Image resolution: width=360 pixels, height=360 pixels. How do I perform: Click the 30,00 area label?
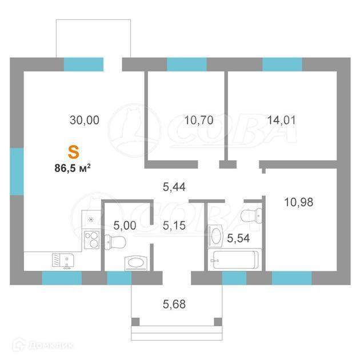[x=85, y=121]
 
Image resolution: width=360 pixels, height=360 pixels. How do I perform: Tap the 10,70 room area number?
[x=199, y=121]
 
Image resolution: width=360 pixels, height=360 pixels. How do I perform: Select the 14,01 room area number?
[x=282, y=121]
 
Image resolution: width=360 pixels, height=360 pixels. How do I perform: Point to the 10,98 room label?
[x=298, y=202]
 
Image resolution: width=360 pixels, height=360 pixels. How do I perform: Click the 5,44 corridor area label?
[x=174, y=187]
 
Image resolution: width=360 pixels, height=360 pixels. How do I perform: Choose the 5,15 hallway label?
[x=174, y=226]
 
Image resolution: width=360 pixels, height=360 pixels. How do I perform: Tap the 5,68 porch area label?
[x=174, y=304]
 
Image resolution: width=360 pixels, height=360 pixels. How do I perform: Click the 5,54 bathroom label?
[x=238, y=238]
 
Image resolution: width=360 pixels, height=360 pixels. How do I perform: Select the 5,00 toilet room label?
[x=125, y=226]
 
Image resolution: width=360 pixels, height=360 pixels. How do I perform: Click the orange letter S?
[x=74, y=153]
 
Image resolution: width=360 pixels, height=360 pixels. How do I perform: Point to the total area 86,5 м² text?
[x=73, y=169]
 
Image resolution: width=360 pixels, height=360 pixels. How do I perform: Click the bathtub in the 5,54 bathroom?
[x=235, y=259]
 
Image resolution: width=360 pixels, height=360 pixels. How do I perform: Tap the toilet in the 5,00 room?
[x=115, y=242]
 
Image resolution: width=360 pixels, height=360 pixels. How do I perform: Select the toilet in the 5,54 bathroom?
[x=251, y=215]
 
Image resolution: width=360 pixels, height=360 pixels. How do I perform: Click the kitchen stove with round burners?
[x=91, y=239]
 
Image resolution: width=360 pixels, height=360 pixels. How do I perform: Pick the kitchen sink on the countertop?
[x=63, y=261]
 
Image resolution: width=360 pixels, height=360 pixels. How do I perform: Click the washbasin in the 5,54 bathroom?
[x=215, y=236]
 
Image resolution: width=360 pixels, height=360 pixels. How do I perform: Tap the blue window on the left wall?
[x=17, y=171]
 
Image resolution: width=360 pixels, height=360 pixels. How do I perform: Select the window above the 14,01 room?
[x=282, y=64]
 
